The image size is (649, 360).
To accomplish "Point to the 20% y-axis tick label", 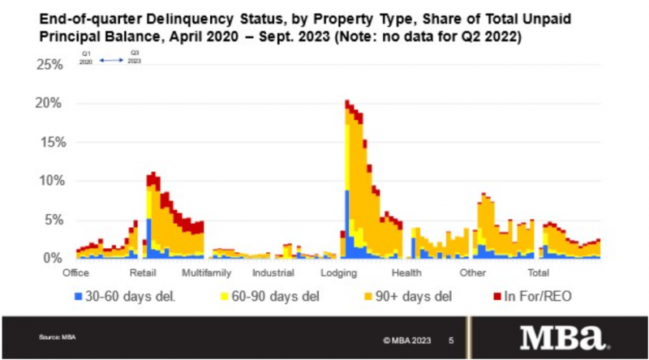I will click(x=49, y=103).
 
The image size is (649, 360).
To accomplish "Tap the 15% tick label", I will click(x=49, y=142).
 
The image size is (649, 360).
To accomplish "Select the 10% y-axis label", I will click(x=49, y=181).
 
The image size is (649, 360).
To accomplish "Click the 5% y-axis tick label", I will click(x=53, y=220).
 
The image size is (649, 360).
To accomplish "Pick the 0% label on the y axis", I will click(x=53, y=258).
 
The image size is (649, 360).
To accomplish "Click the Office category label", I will click(x=75, y=273).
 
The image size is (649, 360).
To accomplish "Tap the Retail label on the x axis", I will click(x=143, y=273).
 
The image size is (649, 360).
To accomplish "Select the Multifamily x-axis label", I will click(x=206, y=273).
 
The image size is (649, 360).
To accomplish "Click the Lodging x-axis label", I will click(x=339, y=273).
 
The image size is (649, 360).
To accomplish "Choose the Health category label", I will click(x=406, y=273).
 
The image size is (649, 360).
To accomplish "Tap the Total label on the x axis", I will click(x=539, y=273).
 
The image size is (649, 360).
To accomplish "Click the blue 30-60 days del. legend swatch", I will click(x=79, y=296).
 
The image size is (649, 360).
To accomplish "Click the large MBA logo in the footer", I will click(x=565, y=335).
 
